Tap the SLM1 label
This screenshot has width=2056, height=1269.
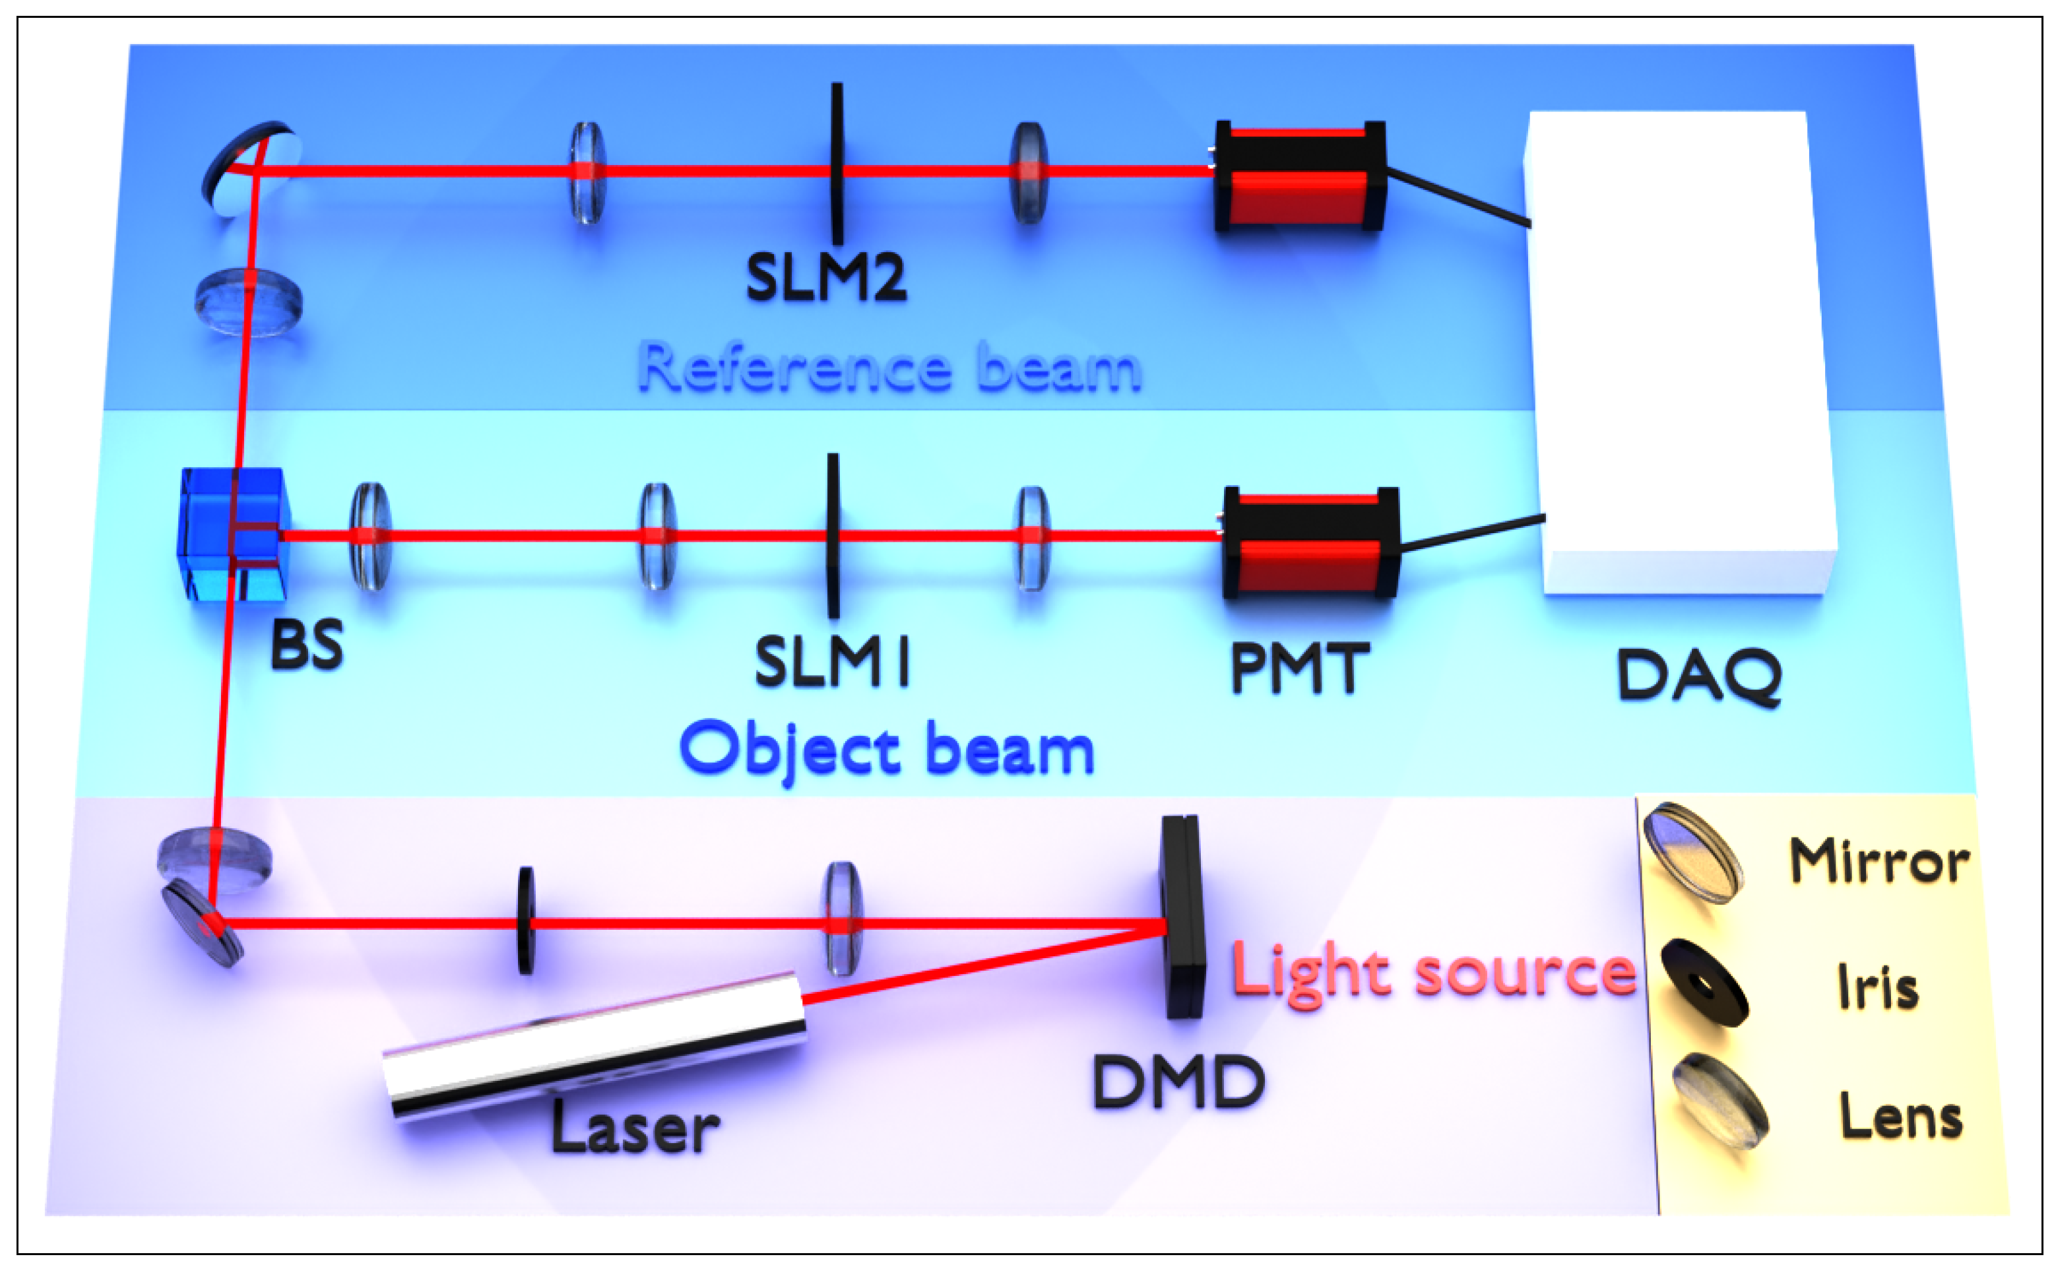(831, 662)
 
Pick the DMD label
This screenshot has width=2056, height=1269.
(1178, 1083)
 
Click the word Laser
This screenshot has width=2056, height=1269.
(635, 1129)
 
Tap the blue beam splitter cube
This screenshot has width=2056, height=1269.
(234, 535)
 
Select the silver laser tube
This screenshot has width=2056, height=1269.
(594, 1045)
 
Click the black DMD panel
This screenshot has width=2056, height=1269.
(1182, 917)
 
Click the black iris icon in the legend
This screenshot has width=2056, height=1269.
(1704, 982)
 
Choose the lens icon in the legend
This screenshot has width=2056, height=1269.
(1719, 1100)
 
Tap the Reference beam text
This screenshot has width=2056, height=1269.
(889, 368)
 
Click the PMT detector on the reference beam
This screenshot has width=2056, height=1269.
(1299, 176)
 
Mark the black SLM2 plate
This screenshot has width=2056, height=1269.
(837, 164)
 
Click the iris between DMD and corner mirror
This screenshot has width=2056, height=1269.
(526, 921)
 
